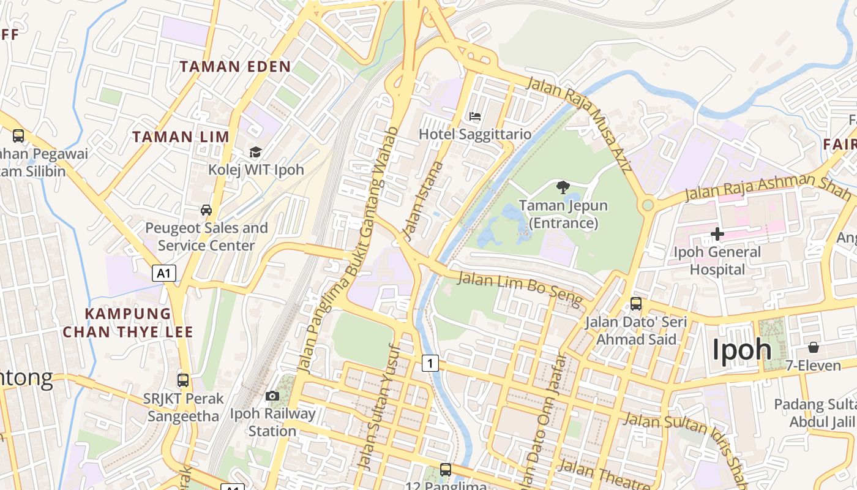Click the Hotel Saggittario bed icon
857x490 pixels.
click(x=475, y=116)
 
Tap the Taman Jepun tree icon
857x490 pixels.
click(x=563, y=187)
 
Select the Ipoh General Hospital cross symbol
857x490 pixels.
click(x=717, y=233)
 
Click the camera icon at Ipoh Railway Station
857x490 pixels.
click(x=272, y=396)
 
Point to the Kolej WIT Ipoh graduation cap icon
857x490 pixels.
click(x=255, y=152)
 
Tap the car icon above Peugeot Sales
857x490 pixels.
click(x=206, y=210)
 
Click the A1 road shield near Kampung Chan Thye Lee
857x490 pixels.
click(x=164, y=273)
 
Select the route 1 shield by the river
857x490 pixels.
click(x=430, y=363)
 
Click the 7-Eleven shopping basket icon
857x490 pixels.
click(x=814, y=347)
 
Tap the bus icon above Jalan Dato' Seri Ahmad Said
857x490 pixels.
click(x=636, y=303)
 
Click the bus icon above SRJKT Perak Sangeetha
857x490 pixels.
click(x=182, y=380)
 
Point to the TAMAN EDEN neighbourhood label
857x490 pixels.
click(x=235, y=67)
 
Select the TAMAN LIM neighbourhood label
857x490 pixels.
click(x=181, y=137)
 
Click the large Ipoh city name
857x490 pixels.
click(x=742, y=350)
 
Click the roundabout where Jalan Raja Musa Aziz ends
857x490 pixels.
click(x=647, y=205)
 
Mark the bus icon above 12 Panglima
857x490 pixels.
click(x=446, y=470)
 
